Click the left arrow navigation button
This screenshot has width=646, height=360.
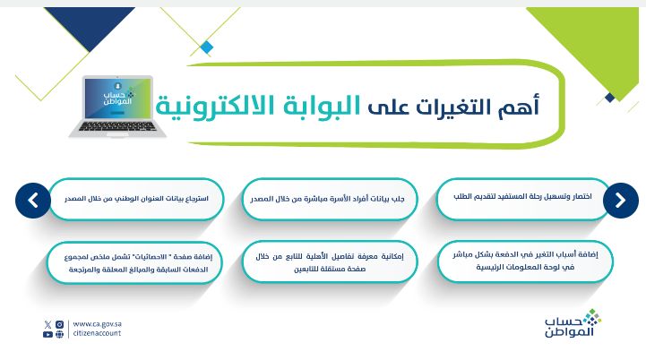pyautogui.click(x=33, y=201)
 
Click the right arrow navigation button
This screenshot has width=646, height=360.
pyautogui.click(x=620, y=201)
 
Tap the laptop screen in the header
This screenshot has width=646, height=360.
pyautogui.click(x=116, y=99)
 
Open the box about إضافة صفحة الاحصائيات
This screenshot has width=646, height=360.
pyautogui.click(x=135, y=261)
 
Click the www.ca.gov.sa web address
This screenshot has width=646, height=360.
pyautogui.click(x=96, y=324)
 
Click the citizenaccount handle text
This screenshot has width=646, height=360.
pyautogui.click(x=97, y=334)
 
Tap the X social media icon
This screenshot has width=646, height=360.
pyautogui.click(x=47, y=324)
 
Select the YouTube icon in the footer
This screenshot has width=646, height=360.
pyautogui.click(x=47, y=334)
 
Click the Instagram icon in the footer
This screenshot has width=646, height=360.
pyautogui.click(x=59, y=324)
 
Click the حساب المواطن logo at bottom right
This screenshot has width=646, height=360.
pyautogui.click(x=573, y=324)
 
